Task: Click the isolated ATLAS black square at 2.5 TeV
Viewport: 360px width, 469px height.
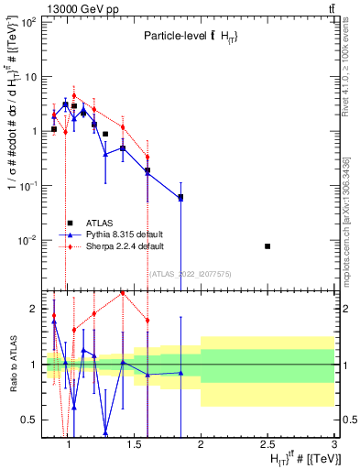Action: [x=267, y=246]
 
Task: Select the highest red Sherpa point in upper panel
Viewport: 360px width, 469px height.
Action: [x=74, y=95]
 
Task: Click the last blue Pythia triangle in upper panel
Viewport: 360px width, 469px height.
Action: [x=180, y=198]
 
